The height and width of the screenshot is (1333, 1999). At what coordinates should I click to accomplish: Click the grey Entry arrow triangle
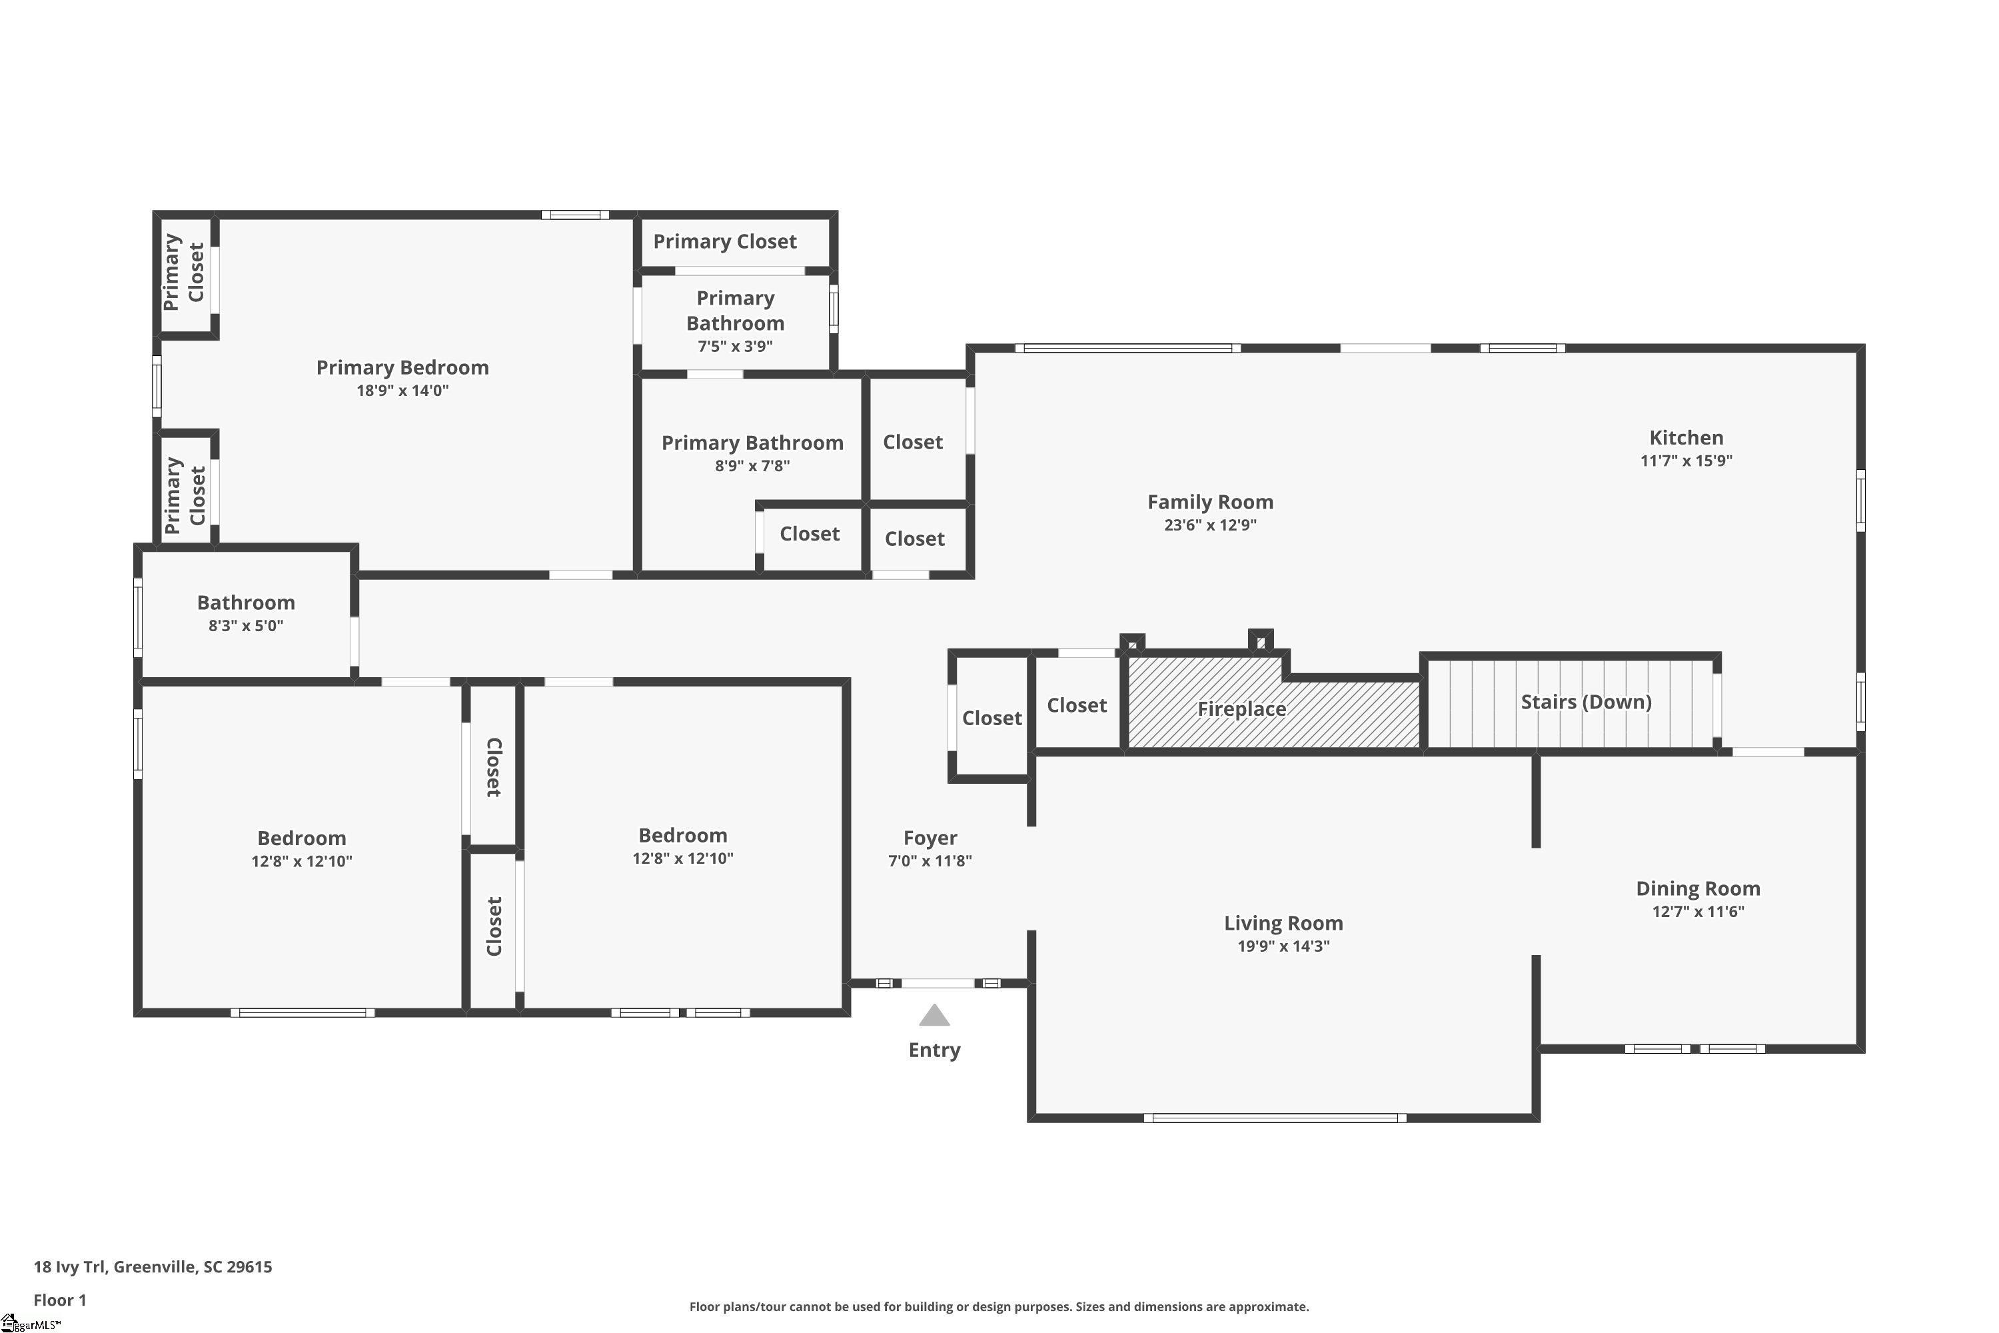[934, 1016]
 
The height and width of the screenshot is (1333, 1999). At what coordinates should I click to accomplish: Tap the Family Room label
[1209, 503]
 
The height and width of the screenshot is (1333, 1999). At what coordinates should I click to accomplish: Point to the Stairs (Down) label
[1585, 702]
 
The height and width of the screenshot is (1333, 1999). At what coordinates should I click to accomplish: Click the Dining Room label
[1697, 888]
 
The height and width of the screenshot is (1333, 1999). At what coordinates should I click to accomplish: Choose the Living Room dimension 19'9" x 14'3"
[1283, 946]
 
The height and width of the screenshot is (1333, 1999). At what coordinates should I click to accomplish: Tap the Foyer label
[930, 838]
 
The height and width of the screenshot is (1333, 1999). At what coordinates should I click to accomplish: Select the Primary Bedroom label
[402, 368]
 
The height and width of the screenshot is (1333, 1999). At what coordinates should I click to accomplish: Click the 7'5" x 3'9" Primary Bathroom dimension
[734, 347]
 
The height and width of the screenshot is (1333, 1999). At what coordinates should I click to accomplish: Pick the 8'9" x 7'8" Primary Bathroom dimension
[752, 466]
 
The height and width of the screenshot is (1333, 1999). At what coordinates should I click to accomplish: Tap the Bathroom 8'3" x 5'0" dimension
[246, 626]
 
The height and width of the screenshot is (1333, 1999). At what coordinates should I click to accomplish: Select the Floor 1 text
[59, 1300]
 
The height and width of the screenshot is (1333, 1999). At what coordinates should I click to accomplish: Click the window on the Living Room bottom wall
[1274, 1118]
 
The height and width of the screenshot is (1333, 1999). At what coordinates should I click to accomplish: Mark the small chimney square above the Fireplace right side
[1261, 639]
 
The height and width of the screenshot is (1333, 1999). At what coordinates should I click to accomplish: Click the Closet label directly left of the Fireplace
[1076, 706]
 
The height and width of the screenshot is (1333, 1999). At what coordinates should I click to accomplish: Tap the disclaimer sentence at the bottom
[999, 1306]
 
